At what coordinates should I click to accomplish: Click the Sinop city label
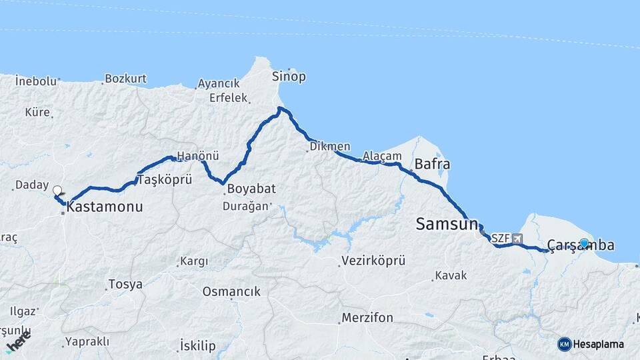pyautogui.click(x=289, y=77)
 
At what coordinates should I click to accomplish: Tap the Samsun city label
pyautogui.click(x=447, y=224)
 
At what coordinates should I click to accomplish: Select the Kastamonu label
pyautogui.click(x=105, y=207)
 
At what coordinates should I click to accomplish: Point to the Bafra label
pyautogui.click(x=432, y=164)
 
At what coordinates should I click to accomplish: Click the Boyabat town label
pyautogui.click(x=250, y=189)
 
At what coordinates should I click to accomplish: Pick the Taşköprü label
pyautogui.click(x=165, y=180)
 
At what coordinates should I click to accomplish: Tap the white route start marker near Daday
pyautogui.click(x=57, y=190)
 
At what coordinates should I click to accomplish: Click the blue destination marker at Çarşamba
pyautogui.click(x=585, y=243)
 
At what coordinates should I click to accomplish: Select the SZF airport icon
pyautogui.click(x=518, y=238)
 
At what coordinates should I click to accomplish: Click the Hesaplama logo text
pyautogui.click(x=599, y=345)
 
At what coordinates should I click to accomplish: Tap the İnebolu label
pyautogui.click(x=36, y=81)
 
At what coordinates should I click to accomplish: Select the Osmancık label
pyautogui.click(x=231, y=292)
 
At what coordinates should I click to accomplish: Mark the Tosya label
pyautogui.click(x=126, y=285)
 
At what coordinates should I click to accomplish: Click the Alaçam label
pyautogui.click(x=383, y=157)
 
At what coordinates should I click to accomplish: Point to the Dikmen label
pyautogui.click(x=330, y=147)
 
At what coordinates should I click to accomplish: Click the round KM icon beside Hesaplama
pyautogui.click(x=565, y=345)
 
